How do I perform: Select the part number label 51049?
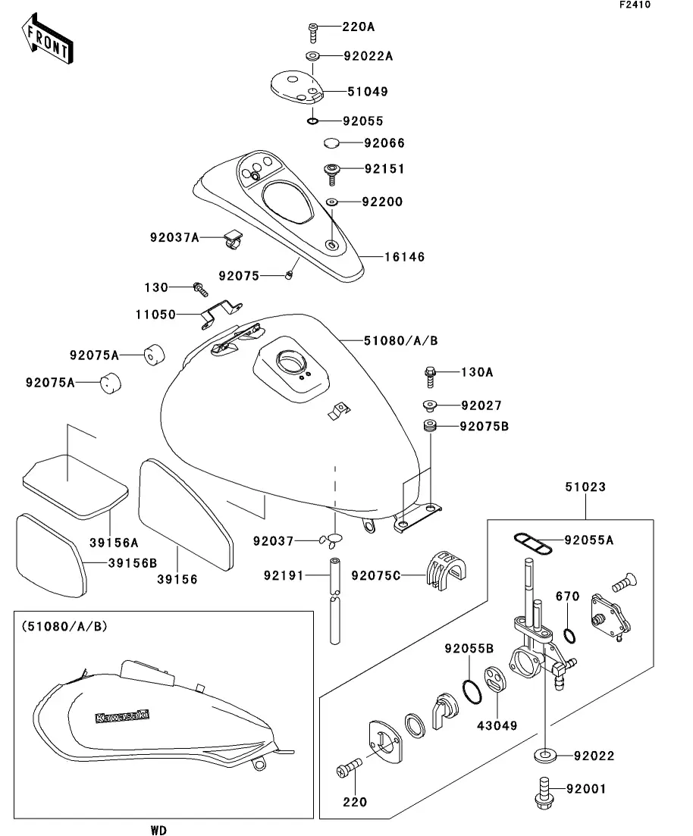367,92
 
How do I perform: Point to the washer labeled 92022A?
312,55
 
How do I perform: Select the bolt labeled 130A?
429,372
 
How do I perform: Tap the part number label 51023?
585,487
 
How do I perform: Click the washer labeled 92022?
544,755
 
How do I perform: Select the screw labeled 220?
347,772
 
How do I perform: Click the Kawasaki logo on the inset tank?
121,715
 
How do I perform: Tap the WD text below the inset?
158,830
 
